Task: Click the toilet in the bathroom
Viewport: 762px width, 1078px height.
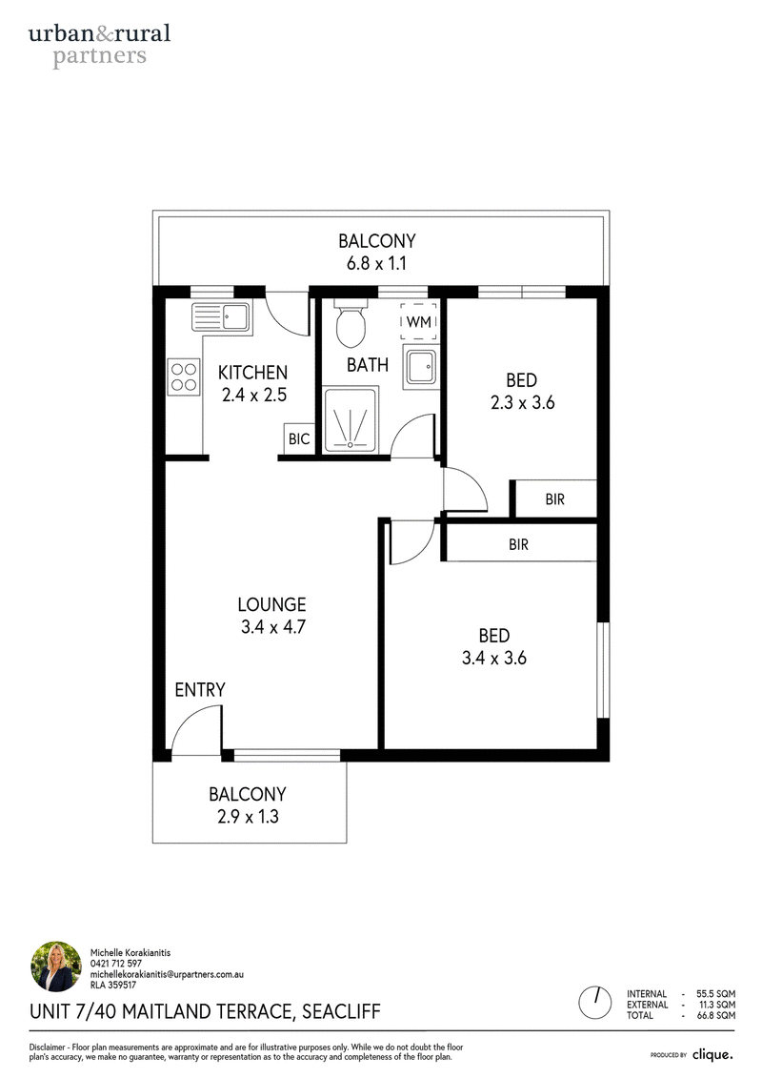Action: pyautogui.click(x=351, y=323)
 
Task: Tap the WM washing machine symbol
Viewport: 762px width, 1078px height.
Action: pyautogui.click(x=419, y=322)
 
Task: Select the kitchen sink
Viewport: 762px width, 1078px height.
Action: pyautogui.click(x=222, y=317)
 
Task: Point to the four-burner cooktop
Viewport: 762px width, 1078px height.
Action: pyautogui.click(x=184, y=376)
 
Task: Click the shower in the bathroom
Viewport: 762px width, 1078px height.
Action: pyautogui.click(x=351, y=420)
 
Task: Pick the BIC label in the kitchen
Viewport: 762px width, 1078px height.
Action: pyautogui.click(x=299, y=438)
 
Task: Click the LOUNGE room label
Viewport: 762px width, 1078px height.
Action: pyautogui.click(x=272, y=604)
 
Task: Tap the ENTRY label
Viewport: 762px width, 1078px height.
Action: pyautogui.click(x=200, y=689)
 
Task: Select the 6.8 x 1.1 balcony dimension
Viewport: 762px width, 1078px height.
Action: pyautogui.click(x=376, y=263)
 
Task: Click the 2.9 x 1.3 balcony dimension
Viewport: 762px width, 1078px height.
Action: pyautogui.click(x=248, y=817)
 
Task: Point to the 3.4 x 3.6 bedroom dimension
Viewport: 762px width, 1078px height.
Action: pyautogui.click(x=494, y=658)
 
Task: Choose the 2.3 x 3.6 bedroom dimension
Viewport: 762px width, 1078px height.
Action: pyautogui.click(x=522, y=403)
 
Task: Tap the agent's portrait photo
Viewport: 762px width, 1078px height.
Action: pyautogui.click(x=56, y=966)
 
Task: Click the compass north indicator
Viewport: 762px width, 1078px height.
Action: pyautogui.click(x=595, y=1003)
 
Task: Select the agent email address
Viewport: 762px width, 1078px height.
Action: pyautogui.click(x=167, y=974)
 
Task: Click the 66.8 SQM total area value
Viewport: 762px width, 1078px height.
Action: pyautogui.click(x=716, y=1015)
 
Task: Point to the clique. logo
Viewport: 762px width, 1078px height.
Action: pyautogui.click(x=712, y=1054)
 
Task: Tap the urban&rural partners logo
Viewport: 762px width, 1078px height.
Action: pyautogui.click(x=100, y=45)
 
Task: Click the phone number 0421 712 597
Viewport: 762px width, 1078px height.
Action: pyautogui.click(x=116, y=964)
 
